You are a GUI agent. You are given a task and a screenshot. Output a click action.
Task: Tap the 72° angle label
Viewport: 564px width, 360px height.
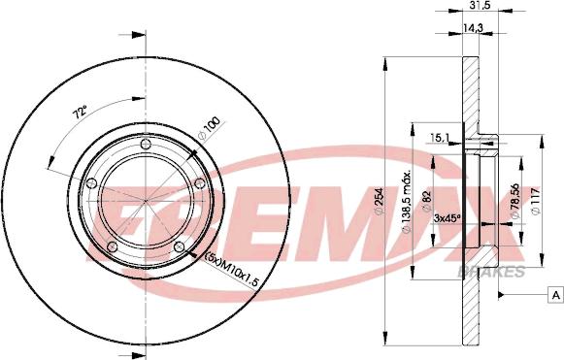tap(80, 113)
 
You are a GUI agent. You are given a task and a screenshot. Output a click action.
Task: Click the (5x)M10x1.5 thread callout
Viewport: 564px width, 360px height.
tap(231, 269)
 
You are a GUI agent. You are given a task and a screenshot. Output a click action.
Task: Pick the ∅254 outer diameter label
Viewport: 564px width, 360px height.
tap(380, 202)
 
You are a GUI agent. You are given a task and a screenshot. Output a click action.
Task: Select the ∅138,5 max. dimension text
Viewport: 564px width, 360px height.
tap(407, 202)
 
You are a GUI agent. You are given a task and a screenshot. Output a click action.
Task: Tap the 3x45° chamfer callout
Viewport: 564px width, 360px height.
tap(448, 218)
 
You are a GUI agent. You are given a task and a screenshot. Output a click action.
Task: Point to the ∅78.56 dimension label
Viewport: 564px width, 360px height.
tap(515, 201)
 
